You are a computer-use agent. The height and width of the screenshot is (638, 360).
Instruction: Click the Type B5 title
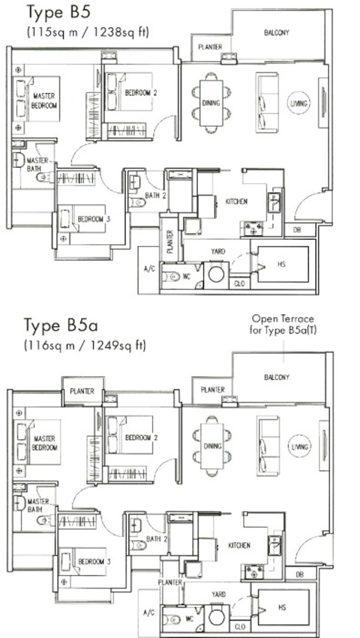[x=58, y=12]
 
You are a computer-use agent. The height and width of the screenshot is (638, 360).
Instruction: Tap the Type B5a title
[x=61, y=325]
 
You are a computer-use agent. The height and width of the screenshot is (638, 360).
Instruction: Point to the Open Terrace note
[x=283, y=324]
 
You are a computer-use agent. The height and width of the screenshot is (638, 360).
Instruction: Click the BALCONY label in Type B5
[x=276, y=33]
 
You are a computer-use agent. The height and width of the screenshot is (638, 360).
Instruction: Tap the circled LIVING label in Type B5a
[x=299, y=446]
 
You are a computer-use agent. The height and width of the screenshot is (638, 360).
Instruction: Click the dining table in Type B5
[x=211, y=103]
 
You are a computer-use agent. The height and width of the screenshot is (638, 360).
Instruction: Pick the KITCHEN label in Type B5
[x=236, y=202]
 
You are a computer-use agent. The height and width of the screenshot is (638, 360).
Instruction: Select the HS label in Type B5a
[x=282, y=607]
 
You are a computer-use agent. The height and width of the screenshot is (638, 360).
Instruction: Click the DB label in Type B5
[x=297, y=230]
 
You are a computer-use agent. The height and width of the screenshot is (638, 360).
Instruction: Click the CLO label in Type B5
[x=240, y=284]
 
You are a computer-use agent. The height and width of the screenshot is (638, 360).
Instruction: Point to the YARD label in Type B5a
[x=218, y=594]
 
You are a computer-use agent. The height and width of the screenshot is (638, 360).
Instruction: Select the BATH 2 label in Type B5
[x=156, y=196]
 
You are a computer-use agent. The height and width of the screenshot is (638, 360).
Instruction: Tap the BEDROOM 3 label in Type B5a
[x=94, y=561]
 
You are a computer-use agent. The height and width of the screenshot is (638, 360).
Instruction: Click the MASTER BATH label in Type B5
[x=37, y=164]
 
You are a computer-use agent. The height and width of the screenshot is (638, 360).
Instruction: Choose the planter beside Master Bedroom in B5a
[x=82, y=391]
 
